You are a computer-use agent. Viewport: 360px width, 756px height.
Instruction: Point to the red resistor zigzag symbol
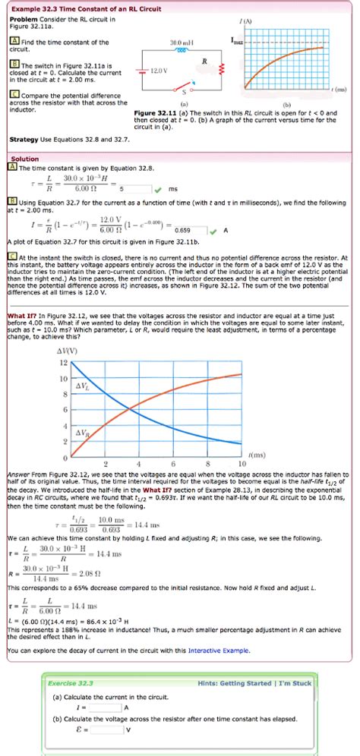click(x=220, y=69)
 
